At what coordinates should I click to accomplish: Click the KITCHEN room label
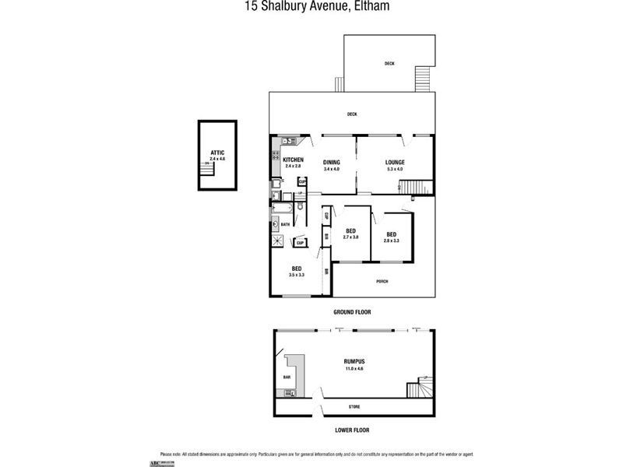point(293,160)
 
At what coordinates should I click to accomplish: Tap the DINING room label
point(332,162)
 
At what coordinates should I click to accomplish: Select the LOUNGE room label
point(395,162)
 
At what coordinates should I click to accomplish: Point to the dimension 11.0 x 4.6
point(354,368)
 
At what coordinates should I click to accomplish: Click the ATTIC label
point(217,153)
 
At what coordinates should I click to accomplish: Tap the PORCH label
point(382,282)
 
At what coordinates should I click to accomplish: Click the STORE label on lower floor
point(355,406)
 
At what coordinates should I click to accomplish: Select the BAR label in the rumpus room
point(287,377)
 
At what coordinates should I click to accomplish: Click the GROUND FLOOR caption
point(352,311)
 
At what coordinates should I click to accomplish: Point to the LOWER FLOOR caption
point(352,430)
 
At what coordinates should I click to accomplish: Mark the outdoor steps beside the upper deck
point(422,78)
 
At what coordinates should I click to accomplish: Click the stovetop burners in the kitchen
point(287,141)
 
